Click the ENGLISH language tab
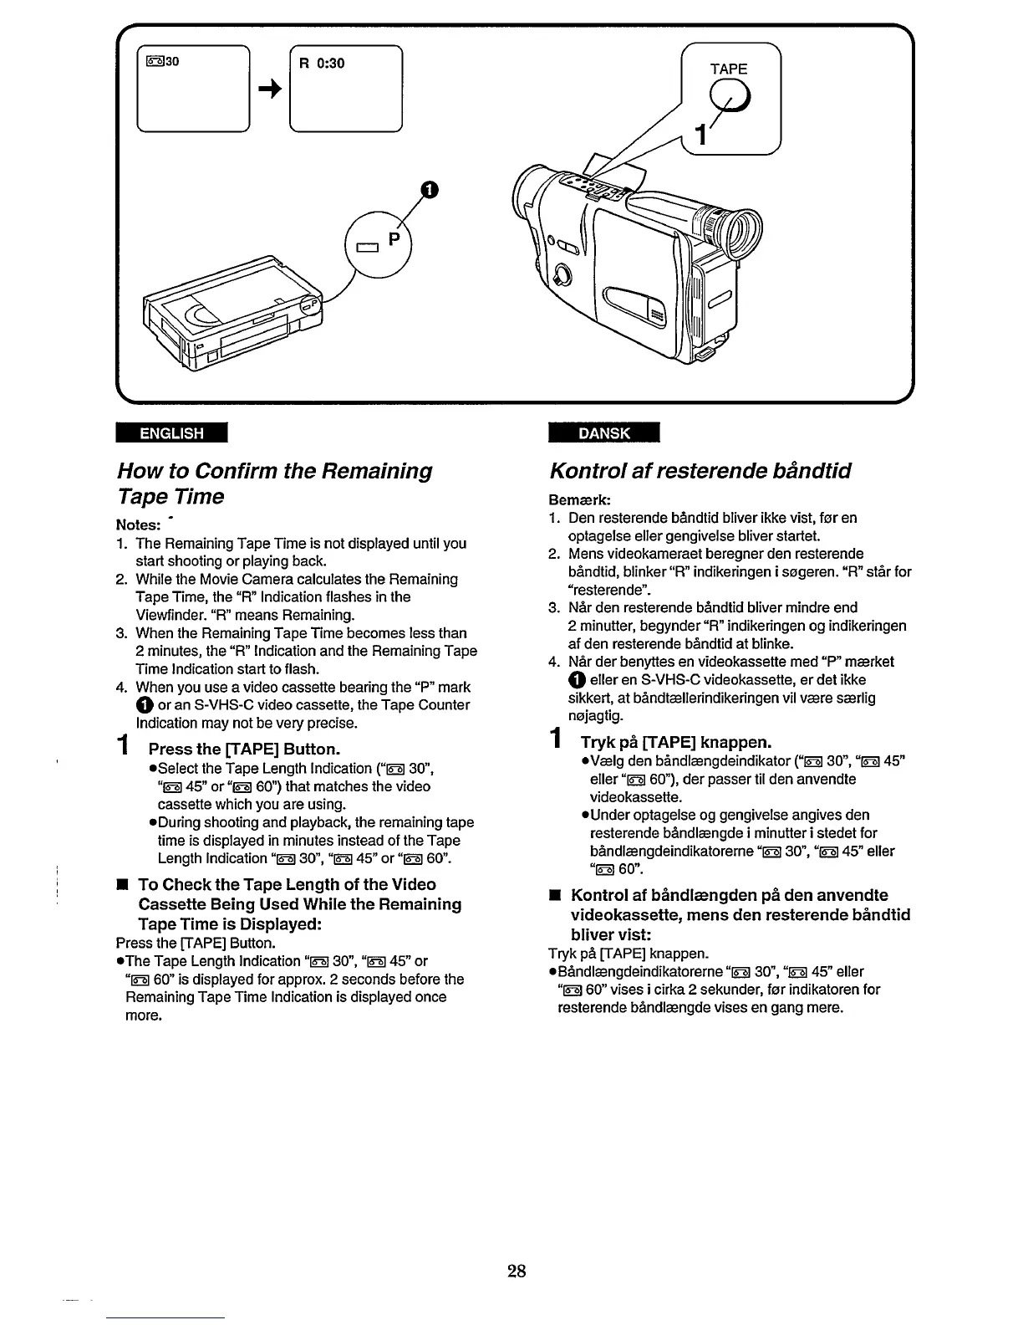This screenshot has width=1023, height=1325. [172, 432]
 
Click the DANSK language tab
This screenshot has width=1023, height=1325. [603, 432]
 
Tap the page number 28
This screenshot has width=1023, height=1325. [517, 1272]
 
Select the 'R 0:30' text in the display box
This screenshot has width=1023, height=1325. [323, 64]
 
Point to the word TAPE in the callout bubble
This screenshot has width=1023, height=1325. [728, 69]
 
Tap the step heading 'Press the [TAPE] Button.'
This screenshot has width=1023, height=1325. [244, 748]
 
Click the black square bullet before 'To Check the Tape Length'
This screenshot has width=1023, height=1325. [121, 884]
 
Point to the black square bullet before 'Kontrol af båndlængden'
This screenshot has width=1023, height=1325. [553, 895]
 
